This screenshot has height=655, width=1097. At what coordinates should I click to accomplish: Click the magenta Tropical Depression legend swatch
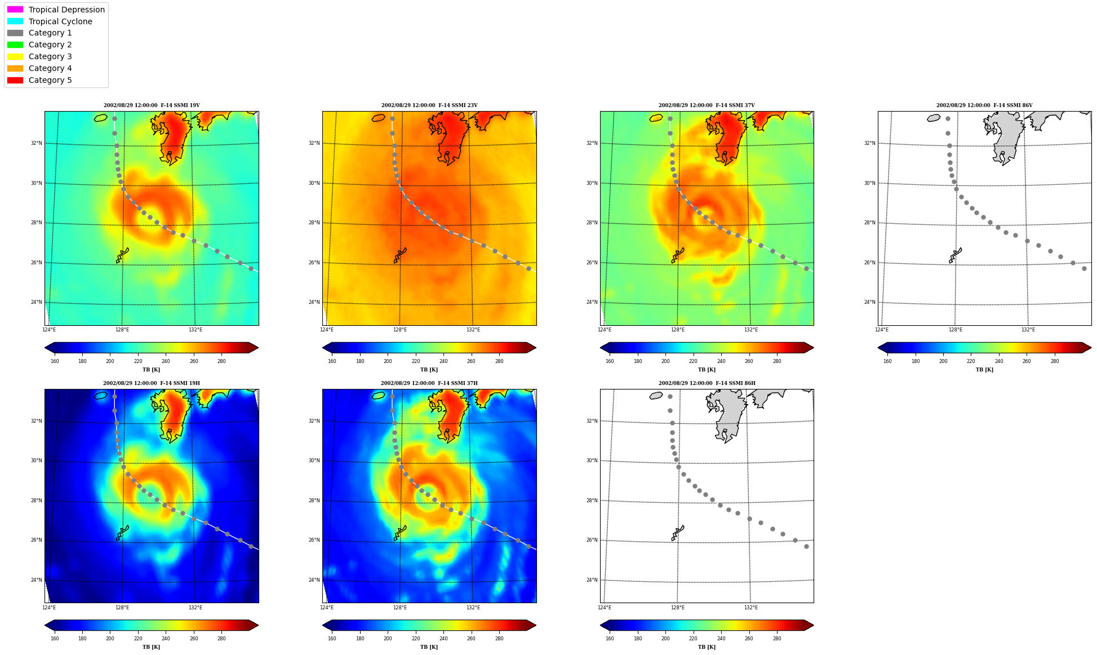(x=15, y=10)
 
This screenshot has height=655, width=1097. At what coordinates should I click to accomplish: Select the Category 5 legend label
(x=50, y=80)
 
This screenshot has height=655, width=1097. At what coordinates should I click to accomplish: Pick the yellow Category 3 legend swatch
(x=15, y=56)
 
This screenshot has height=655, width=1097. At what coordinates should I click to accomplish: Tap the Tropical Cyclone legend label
(x=60, y=21)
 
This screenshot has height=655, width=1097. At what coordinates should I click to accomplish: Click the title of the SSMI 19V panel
(x=152, y=105)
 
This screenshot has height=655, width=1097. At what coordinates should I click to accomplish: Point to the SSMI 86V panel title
(x=984, y=105)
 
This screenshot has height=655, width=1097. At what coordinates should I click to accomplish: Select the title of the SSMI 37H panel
(x=429, y=383)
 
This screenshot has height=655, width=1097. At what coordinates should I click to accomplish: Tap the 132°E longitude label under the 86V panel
(x=1028, y=330)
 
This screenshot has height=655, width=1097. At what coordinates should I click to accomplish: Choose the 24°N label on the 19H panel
(x=36, y=580)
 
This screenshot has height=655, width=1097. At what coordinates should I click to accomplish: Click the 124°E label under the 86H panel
(x=605, y=608)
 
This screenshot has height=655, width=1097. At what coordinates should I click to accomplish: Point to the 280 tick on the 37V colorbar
(x=777, y=361)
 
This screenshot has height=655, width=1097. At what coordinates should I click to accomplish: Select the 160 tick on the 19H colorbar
(x=55, y=639)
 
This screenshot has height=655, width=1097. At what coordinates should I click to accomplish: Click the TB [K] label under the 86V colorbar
(x=984, y=370)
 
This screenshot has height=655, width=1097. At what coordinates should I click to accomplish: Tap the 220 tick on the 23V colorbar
(x=416, y=361)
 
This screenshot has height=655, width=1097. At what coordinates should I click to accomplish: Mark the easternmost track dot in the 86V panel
(x=1084, y=268)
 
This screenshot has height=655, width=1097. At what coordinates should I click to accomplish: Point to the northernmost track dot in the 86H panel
(x=670, y=396)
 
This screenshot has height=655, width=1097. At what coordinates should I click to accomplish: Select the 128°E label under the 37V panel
(x=678, y=330)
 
